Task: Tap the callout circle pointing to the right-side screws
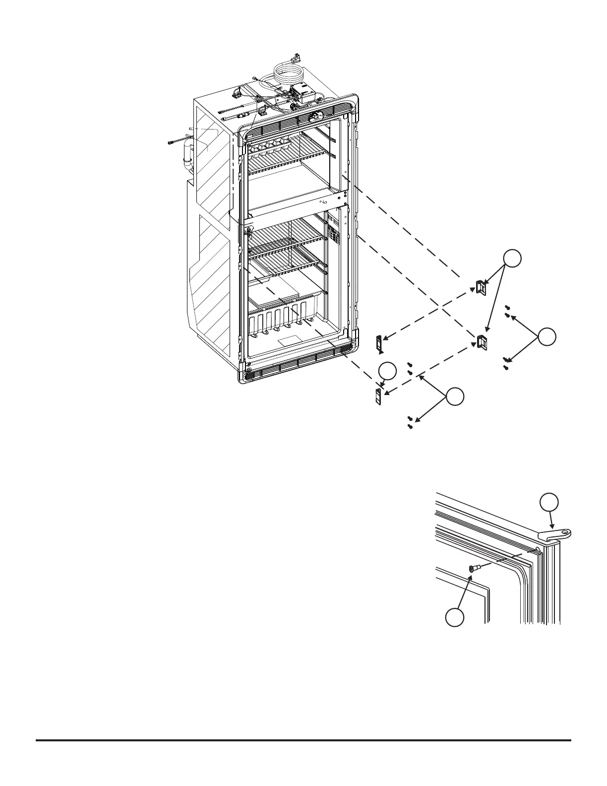coord(547,337)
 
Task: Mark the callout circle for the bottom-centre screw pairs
coord(455,397)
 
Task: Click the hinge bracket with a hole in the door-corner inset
coord(555,534)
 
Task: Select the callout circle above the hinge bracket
coord(549,502)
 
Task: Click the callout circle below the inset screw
coord(455,618)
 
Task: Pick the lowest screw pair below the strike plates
coord(411,422)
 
